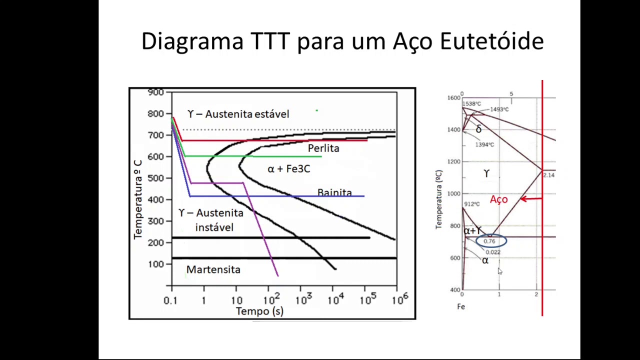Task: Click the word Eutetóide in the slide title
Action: coord(491,41)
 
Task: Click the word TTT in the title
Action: coord(270,41)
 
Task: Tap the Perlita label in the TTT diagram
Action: coord(323,148)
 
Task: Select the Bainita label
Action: coord(334,192)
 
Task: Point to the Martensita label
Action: coord(213,269)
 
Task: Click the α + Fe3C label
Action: coord(289,169)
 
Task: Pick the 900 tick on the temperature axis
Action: coord(155,92)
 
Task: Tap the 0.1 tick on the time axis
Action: coord(170,300)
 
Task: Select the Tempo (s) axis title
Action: coord(259,311)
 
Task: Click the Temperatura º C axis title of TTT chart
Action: coord(138,199)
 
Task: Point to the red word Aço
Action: coord(498,199)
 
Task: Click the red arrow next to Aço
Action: coord(531,199)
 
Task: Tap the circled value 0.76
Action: coord(489,241)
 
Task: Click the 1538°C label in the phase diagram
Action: coord(472,104)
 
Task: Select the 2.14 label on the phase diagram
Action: coord(548,175)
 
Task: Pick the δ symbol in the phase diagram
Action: coord(478,129)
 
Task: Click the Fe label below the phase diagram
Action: coord(461,306)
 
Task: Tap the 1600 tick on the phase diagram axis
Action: coord(453,98)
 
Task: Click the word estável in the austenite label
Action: coord(271,114)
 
